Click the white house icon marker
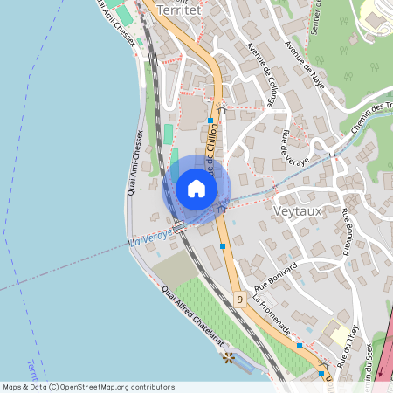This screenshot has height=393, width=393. coord(196,188)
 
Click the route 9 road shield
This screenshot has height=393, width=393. coord(239,300)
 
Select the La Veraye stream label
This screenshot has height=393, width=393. coord(147,241)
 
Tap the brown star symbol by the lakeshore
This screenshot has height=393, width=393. coord(229,357)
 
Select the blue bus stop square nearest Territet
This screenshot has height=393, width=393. coord(210,121)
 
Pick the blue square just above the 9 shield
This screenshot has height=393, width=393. coord(224,246)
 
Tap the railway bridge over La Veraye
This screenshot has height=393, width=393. coord(180,228)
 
